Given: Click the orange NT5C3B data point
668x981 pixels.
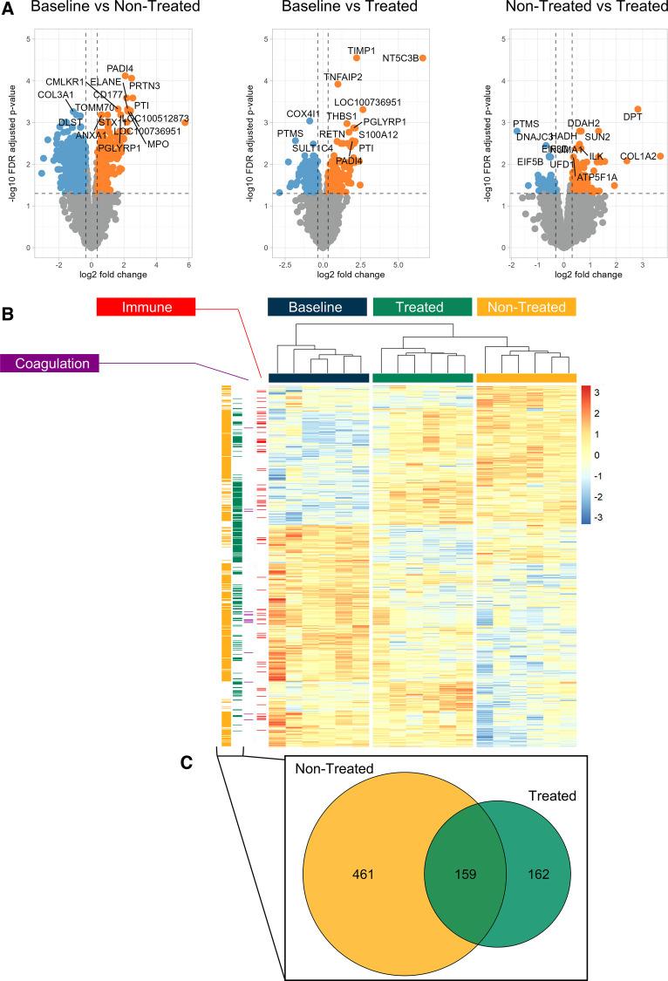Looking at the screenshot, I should (423, 58).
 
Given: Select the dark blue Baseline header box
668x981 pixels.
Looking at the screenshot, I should (319, 306).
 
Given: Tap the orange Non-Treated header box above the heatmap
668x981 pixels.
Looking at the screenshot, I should (526, 306).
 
